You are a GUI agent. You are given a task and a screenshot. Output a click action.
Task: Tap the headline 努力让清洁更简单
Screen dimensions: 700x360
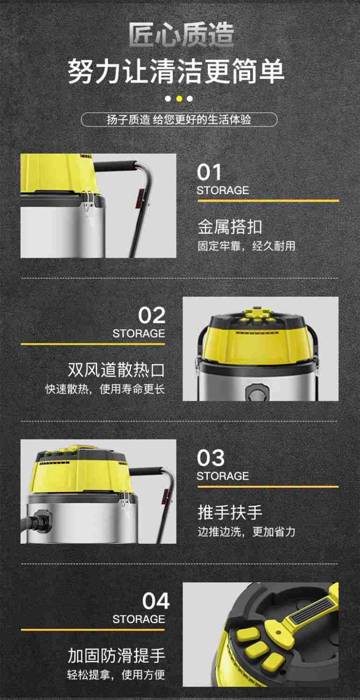pyautogui.click(x=176, y=71)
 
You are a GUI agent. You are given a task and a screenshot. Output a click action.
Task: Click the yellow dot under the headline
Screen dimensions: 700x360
pyautogui.click(x=179, y=98)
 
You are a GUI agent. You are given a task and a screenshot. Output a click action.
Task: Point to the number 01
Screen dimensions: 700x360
pyautogui.click(x=209, y=173)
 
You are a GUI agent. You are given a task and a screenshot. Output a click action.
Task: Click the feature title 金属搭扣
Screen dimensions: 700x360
pyautogui.click(x=229, y=227)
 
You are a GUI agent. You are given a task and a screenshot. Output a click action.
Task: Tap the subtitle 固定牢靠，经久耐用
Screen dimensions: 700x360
pyautogui.click(x=246, y=246)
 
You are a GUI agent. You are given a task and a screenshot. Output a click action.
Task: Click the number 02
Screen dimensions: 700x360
pyautogui.click(x=151, y=316)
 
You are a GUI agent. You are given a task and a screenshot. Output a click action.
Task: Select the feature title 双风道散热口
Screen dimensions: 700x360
pyautogui.click(x=116, y=370)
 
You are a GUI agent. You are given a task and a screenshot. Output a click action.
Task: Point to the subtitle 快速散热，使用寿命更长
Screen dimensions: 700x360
pyautogui.click(x=105, y=389)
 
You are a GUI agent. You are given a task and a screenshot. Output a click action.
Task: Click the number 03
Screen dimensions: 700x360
pyautogui.click(x=210, y=458)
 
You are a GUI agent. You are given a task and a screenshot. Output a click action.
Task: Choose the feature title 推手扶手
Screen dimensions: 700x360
pyautogui.click(x=229, y=512)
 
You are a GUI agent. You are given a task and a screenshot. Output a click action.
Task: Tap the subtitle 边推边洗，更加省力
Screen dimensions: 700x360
pyautogui.click(x=246, y=532)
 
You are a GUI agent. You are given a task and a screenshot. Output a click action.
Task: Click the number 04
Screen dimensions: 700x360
pyautogui.click(x=155, y=602)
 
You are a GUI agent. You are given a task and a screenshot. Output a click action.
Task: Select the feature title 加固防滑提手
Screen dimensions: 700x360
pyautogui.click(x=116, y=656)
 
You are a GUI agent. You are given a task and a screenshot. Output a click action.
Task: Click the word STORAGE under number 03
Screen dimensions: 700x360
pyautogui.click(x=222, y=476)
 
